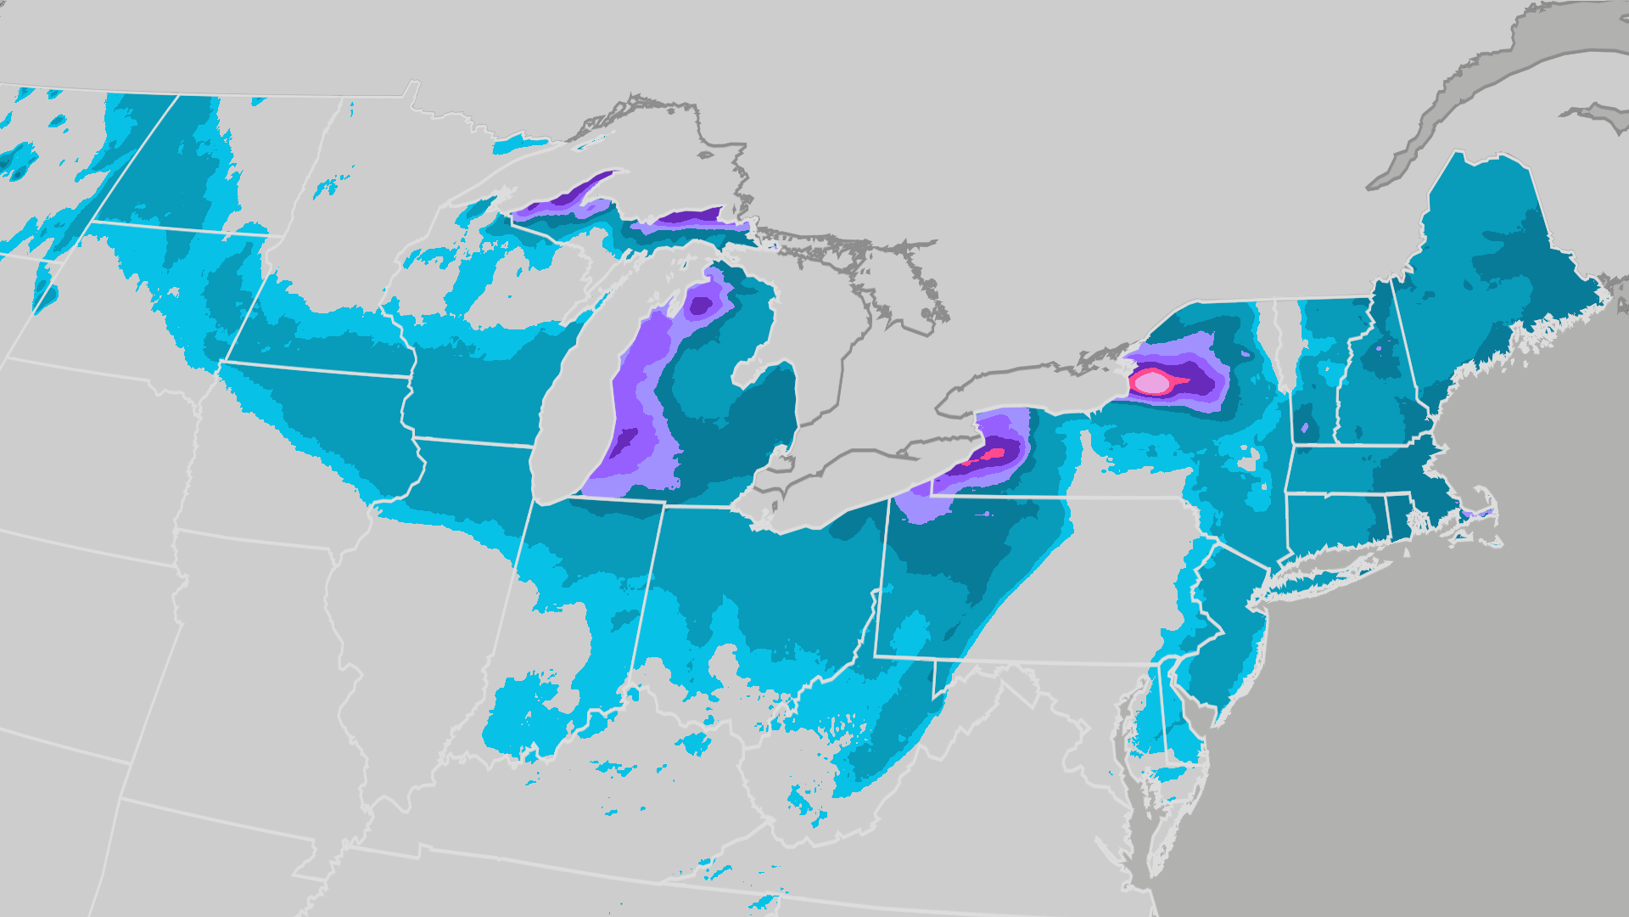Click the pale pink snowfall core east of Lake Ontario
pos(1151,383)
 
